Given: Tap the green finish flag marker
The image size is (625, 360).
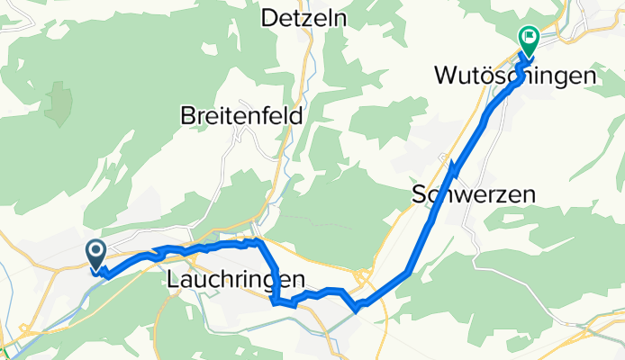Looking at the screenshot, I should (529, 39).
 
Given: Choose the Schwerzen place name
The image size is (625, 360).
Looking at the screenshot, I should (473, 193).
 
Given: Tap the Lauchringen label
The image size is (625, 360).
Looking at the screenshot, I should (235, 280).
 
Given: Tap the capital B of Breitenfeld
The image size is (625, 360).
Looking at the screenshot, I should (187, 116).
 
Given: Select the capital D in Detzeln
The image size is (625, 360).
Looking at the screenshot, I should (268, 17).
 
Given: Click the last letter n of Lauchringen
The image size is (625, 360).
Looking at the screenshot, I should (296, 280).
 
